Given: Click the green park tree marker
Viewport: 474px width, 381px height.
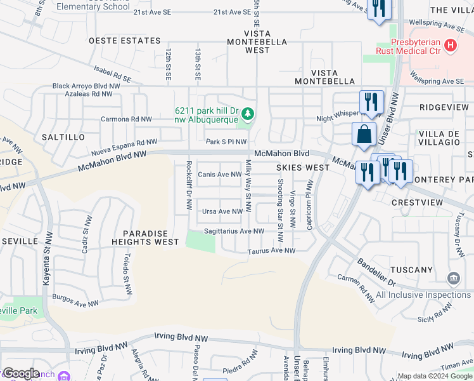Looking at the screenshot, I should pyautogui.click(x=248, y=114).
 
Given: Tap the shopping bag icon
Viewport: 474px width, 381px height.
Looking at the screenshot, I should pyautogui.click(x=364, y=135).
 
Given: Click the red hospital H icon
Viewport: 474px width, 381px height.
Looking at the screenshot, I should pyautogui.click(x=451, y=45).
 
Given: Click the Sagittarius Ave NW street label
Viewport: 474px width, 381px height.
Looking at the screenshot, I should pyautogui.click(x=234, y=231).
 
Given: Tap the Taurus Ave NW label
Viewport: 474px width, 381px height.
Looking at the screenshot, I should pyautogui.click(x=271, y=251).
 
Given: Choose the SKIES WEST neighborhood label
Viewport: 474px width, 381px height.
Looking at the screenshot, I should pyautogui.click(x=303, y=168).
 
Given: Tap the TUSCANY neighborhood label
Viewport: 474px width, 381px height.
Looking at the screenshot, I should pyautogui.click(x=412, y=270).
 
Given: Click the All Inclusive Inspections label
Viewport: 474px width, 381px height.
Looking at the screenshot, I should pyautogui.click(x=423, y=295).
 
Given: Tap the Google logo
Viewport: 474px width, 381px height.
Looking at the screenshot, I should pyautogui.click(x=20, y=373).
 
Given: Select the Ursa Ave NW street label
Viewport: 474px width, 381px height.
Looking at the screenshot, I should pyautogui.click(x=222, y=211).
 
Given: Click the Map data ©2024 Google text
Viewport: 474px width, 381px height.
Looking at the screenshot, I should pyautogui.click(x=434, y=376).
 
